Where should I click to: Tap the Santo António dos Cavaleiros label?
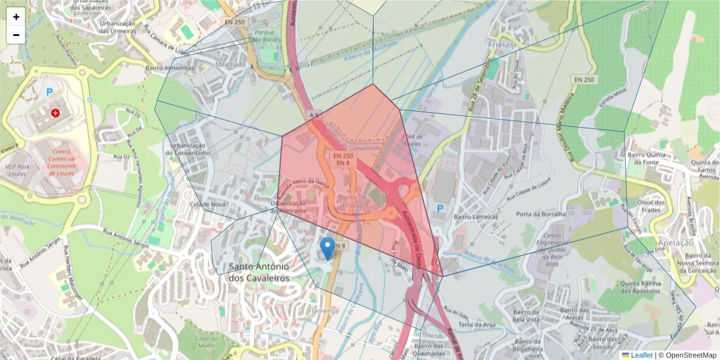259,272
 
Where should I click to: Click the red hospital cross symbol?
56,113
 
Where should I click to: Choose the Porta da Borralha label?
541,214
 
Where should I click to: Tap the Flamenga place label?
323,311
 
